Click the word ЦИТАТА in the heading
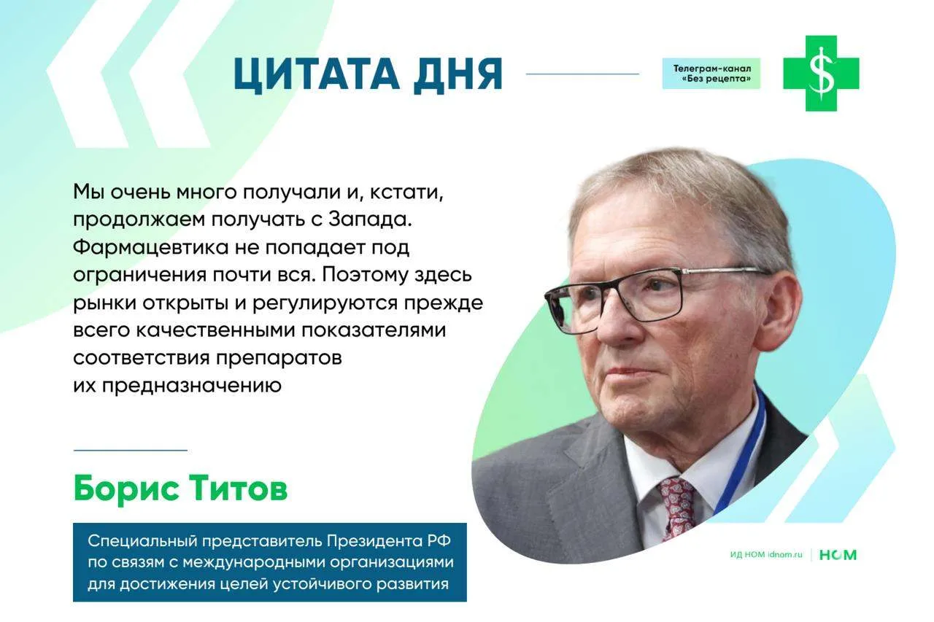click(x=316, y=75)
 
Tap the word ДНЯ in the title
click(x=458, y=75)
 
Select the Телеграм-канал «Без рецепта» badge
click(x=711, y=74)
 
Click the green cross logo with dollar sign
click(x=821, y=74)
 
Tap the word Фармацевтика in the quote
click(x=151, y=247)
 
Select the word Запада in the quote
click(x=369, y=220)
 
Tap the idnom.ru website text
click(x=784, y=555)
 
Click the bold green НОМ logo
click(x=838, y=555)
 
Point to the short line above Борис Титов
click(x=130, y=451)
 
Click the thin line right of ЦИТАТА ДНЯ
click(x=582, y=74)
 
